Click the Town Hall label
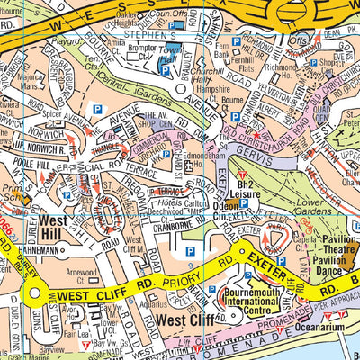coord(172,51)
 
